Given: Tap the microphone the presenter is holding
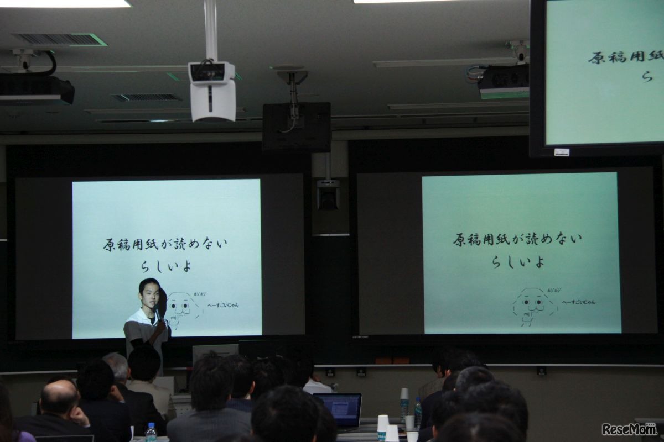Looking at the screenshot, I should [157, 314].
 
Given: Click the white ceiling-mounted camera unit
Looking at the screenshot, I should [212, 91].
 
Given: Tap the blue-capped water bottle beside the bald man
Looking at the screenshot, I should [151, 432].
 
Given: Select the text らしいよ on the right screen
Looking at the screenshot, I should [518, 261].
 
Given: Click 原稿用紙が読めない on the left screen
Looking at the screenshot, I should [165, 244].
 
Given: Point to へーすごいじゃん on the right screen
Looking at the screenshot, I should [579, 302].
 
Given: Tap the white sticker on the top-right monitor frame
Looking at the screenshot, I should [561, 152].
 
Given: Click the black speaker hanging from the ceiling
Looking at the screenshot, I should [297, 127].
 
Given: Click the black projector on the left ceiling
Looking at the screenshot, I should [37, 90].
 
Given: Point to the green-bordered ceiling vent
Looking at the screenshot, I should [59, 39].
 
